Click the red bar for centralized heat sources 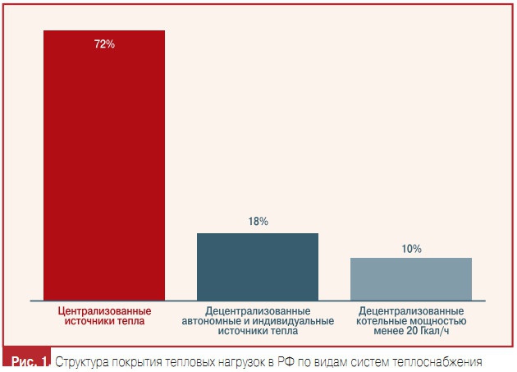(104, 164)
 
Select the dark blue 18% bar (258, 266)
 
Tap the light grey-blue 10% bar (411, 278)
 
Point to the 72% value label (104, 44)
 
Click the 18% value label (258, 222)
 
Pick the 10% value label (411, 248)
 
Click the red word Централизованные (103, 311)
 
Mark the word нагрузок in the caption (245, 361)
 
